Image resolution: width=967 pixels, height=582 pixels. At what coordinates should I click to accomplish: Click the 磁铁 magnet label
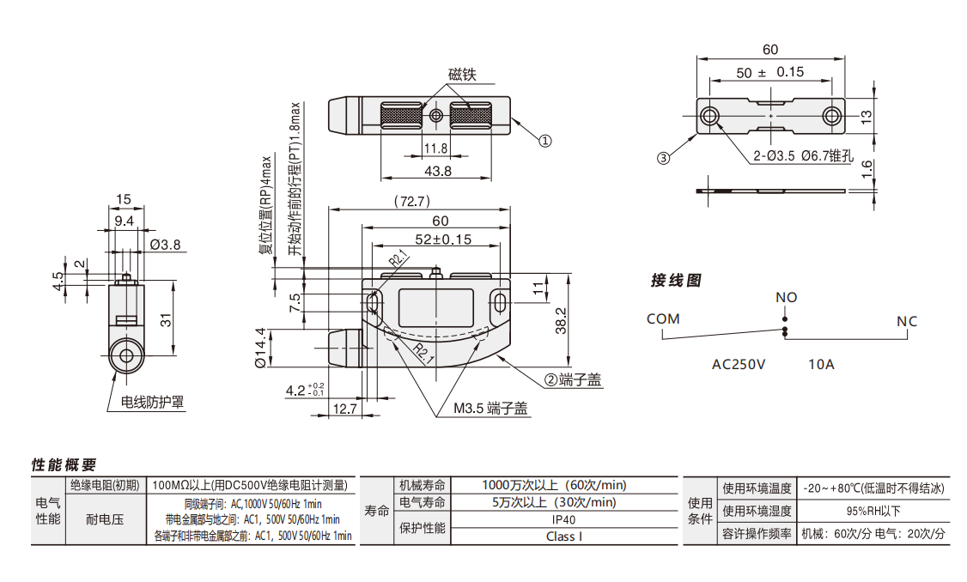[x=461, y=75]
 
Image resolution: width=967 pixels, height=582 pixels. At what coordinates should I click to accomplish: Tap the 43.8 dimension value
[x=437, y=171]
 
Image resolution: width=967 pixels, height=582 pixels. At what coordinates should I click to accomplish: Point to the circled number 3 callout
[x=662, y=158]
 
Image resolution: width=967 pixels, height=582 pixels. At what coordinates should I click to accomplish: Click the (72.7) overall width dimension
[x=411, y=202]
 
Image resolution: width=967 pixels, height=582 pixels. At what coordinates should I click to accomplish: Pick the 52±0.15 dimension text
[x=443, y=239]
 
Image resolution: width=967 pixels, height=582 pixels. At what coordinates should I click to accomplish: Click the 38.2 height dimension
[x=560, y=319]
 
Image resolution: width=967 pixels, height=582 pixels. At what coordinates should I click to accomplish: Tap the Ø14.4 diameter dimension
[x=259, y=349]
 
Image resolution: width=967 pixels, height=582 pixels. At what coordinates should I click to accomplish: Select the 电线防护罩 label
[x=152, y=401]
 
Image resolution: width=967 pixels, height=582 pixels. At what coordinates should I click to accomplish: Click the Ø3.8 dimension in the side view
[x=165, y=245]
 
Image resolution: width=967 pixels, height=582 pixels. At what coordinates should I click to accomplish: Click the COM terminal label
[x=663, y=318]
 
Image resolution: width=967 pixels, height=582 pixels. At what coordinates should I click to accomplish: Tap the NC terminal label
[x=907, y=321]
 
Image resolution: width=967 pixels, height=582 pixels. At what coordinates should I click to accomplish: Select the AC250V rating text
[x=739, y=364]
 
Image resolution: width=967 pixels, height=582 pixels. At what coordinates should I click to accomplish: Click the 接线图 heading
[x=676, y=281]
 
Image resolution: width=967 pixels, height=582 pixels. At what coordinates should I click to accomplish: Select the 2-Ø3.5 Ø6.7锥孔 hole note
[x=801, y=156]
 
